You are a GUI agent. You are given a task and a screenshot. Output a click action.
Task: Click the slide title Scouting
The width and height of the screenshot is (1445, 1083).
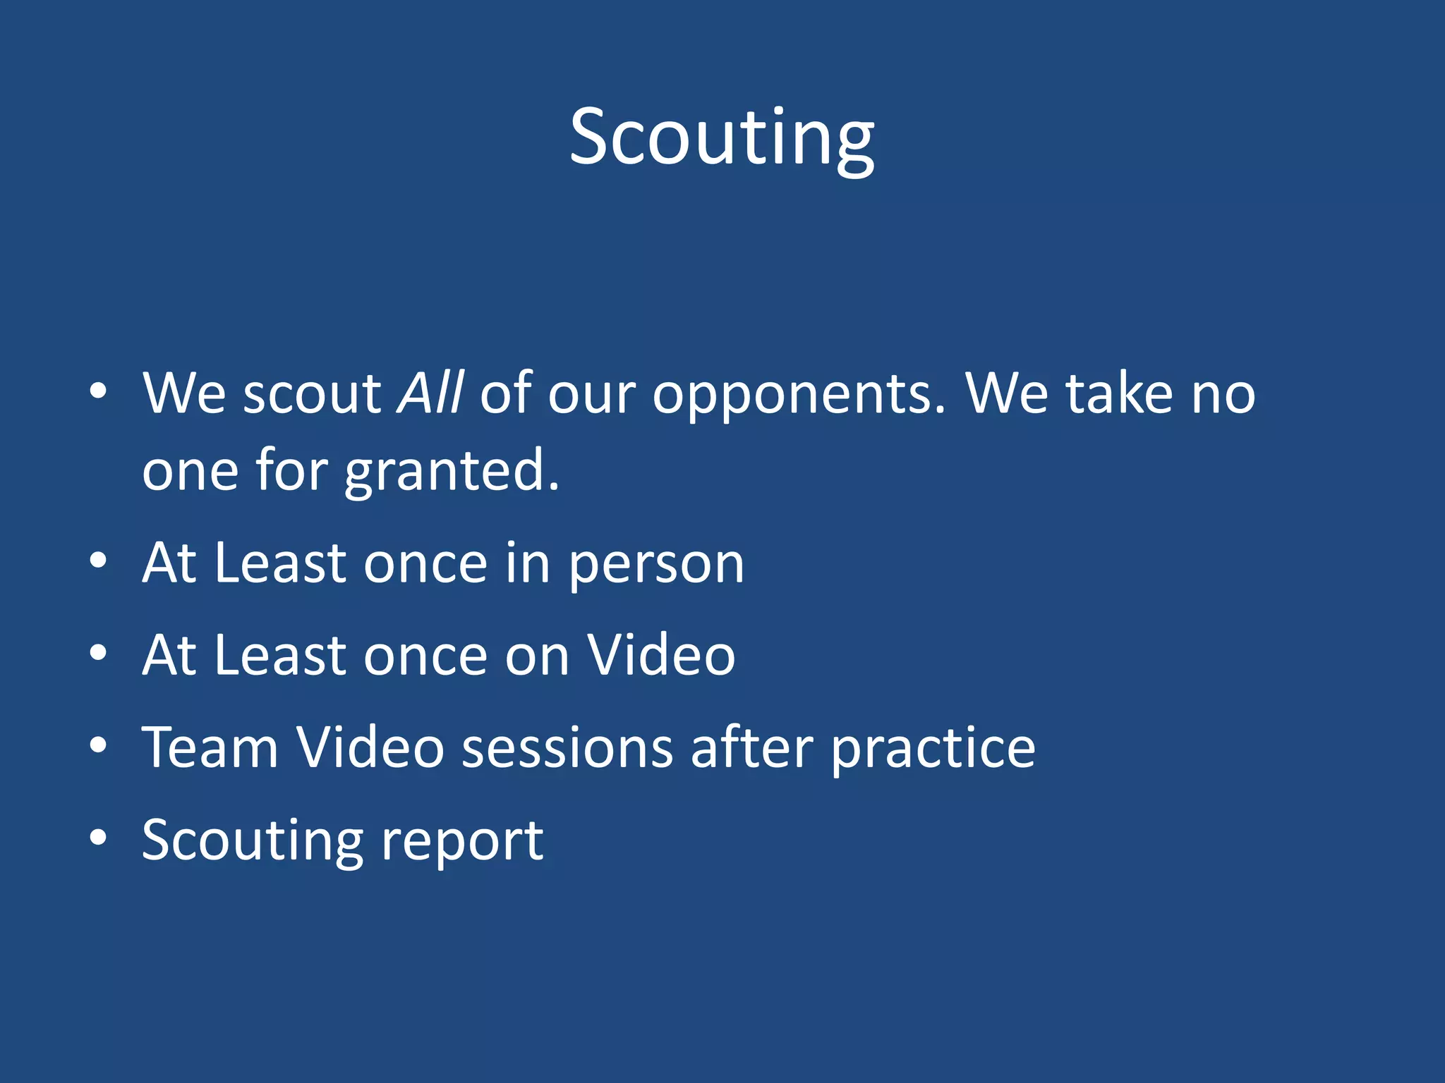click(722, 137)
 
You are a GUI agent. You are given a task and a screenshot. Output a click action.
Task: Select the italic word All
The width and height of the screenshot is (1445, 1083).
click(430, 393)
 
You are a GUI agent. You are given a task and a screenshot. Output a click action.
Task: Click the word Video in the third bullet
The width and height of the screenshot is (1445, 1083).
click(661, 655)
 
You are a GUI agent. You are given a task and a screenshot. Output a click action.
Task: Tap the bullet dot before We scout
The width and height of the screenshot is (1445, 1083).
click(98, 391)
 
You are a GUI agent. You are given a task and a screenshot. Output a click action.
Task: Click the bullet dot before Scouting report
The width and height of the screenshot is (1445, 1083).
click(98, 838)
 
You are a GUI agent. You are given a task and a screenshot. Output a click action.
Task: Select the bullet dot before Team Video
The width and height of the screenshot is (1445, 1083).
click(98, 745)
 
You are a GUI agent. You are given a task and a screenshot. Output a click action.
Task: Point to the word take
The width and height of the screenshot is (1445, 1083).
click(1119, 393)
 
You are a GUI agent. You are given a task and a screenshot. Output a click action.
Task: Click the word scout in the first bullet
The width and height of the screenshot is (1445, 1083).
click(312, 393)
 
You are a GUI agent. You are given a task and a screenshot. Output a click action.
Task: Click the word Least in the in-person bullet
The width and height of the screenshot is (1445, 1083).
click(280, 563)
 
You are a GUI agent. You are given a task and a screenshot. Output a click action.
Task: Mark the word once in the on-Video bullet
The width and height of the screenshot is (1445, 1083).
click(425, 655)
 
